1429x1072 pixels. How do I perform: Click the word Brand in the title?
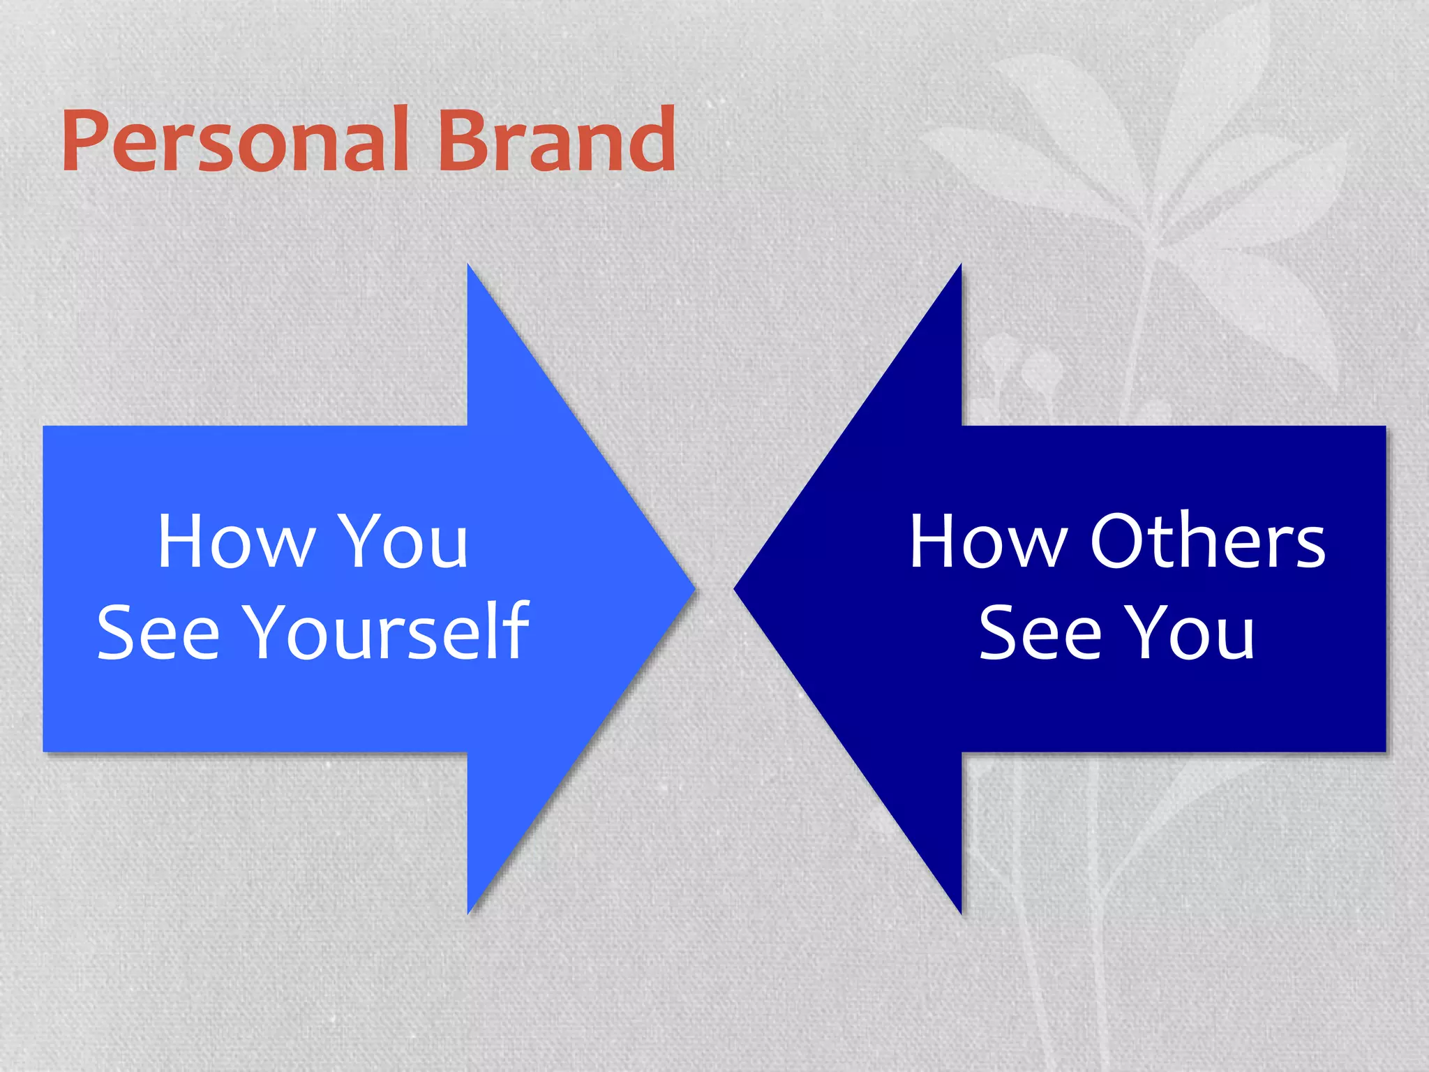pyautogui.click(x=556, y=140)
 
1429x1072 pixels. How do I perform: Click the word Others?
pyautogui.click(x=1207, y=542)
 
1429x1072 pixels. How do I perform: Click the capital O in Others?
pyautogui.click(x=1118, y=542)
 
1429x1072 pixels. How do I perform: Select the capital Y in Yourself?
pyautogui.click(x=274, y=632)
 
